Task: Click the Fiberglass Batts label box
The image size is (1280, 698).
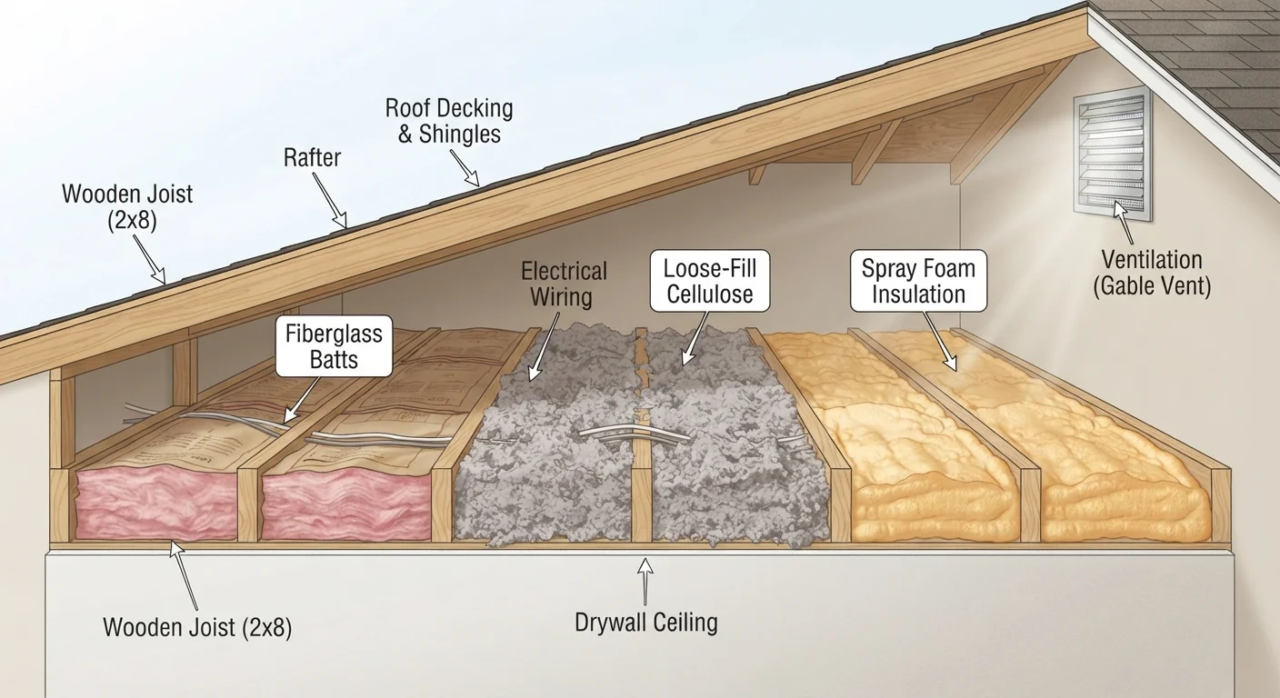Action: [x=335, y=346]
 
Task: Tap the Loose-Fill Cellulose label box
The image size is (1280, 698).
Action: [x=710, y=281]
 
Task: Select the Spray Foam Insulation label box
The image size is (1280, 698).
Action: [x=918, y=281]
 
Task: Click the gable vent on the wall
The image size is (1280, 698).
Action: [x=1112, y=154]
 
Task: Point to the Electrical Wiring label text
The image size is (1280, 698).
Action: [x=563, y=284]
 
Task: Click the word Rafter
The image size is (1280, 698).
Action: [x=312, y=157]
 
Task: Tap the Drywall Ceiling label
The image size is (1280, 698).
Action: [x=646, y=622]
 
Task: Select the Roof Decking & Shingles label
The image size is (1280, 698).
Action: [x=449, y=121]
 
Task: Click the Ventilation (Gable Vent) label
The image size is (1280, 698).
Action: [x=1152, y=273]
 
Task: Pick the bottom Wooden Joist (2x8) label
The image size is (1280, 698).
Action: [x=197, y=627]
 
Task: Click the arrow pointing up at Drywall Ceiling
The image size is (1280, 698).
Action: [x=645, y=581]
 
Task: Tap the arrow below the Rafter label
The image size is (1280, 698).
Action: [x=330, y=200]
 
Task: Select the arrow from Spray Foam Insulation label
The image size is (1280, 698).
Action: [x=939, y=342]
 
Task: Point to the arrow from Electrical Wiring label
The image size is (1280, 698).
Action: [x=543, y=345]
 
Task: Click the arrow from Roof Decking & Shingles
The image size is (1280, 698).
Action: [x=465, y=168]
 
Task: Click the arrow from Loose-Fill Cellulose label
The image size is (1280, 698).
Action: [x=695, y=338]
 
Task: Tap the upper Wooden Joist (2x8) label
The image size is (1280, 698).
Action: [x=127, y=207]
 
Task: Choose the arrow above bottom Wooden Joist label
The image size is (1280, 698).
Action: [x=185, y=577]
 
